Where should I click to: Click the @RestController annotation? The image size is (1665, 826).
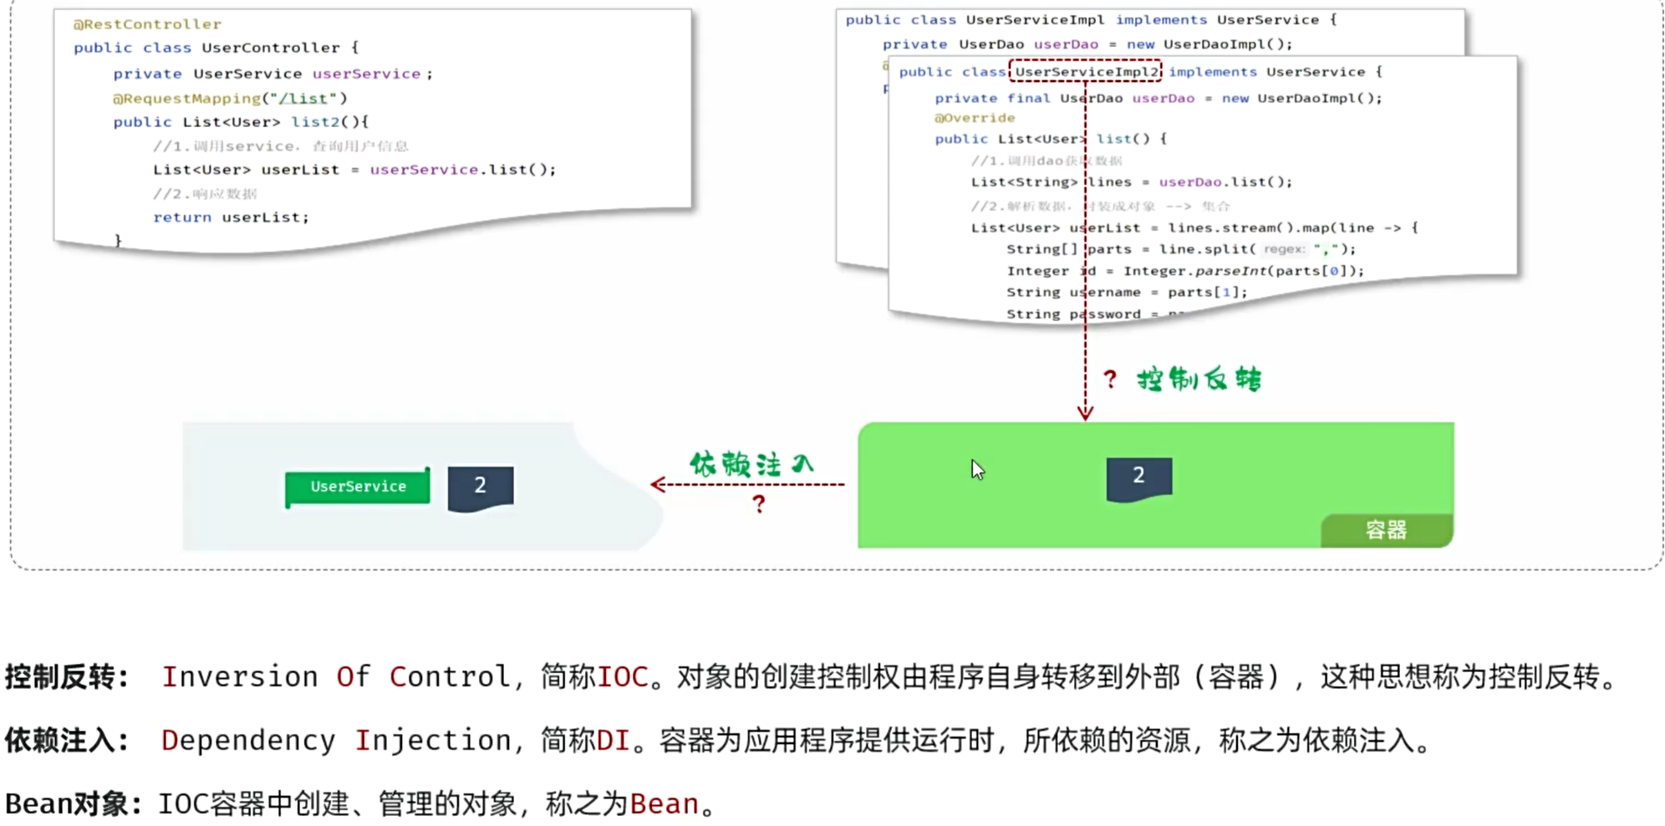click(147, 24)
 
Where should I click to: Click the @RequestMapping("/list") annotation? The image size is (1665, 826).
click(230, 98)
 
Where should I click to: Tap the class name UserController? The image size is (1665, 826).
click(271, 48)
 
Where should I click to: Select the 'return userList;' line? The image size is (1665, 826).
click(231, 217)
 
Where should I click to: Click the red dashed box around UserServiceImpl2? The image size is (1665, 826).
click(1085, 72)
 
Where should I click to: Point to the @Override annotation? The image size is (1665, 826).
click(975, 118)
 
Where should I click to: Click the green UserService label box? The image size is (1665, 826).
click(358, 487)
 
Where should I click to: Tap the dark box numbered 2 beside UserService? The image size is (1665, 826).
click(481, 487)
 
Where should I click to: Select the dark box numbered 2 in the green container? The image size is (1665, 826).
click(1138, 477)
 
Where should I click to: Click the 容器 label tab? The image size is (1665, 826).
click(1386, 530)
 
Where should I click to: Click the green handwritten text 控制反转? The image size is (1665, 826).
click(1199, 380)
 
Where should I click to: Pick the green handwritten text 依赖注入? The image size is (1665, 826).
click(751, 464)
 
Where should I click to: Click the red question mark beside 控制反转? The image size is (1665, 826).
click(1110, 380)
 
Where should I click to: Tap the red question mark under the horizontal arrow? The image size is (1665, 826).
click(758, 504)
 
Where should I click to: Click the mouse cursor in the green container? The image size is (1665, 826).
click(976, 469)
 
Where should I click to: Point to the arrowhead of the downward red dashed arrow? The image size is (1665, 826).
click(1085, 412)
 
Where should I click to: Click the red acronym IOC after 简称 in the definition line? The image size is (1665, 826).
click(622, 676)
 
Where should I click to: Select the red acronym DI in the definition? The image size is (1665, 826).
click(613, 740)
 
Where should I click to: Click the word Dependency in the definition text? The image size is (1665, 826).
click(247, 740)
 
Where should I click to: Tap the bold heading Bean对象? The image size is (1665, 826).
click(67, 803)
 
